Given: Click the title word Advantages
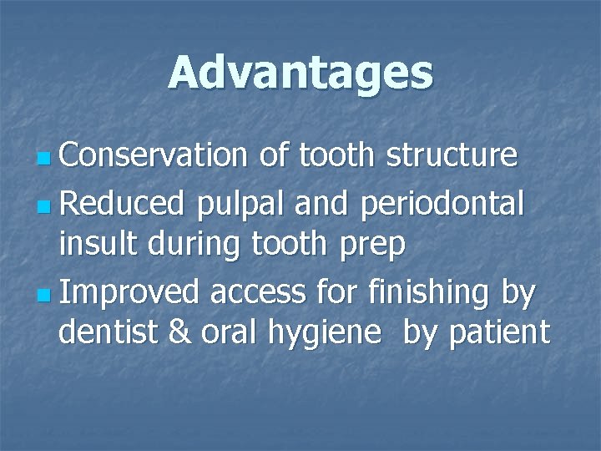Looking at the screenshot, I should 300,73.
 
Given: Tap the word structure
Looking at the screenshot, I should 452,155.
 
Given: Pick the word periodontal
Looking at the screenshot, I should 442,201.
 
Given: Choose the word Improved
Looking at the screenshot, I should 129,291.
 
